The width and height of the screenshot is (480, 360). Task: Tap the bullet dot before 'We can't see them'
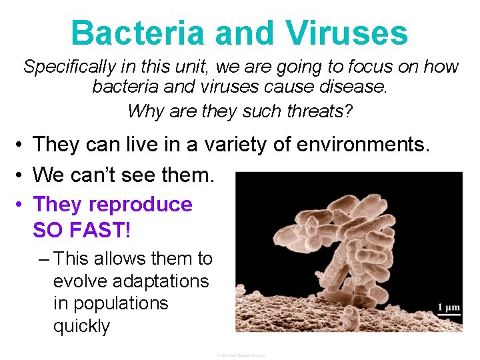pos(22,175)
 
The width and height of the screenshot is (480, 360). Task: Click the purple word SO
pos(47,230)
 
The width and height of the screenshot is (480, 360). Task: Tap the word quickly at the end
pos(81,326)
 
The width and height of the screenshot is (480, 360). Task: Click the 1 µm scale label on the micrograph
pos(449,307)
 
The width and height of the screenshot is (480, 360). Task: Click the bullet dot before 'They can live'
pos(22,144)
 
